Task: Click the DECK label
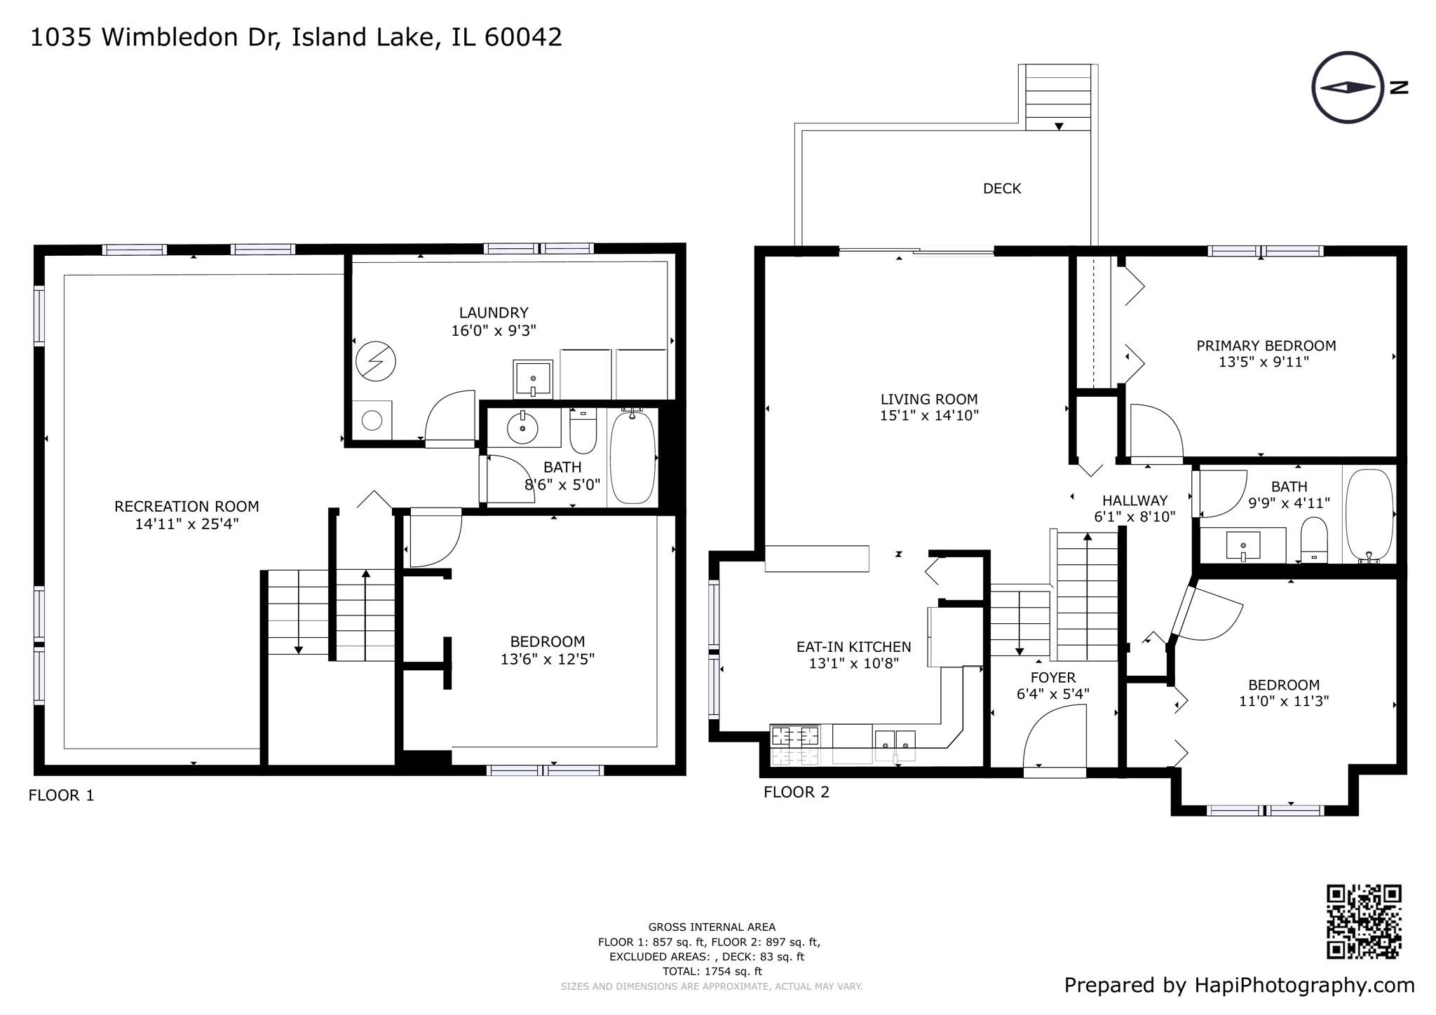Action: [x=1001, y=189]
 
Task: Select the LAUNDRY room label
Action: [x=494, y=313]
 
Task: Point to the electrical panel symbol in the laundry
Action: [x=375, y=362]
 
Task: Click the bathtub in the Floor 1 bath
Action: [x=632, y=458]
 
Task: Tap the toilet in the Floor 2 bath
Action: [x=1313, y=539]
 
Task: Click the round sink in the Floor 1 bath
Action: [x=522, y=427]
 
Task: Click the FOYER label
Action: [x=1052, y=678]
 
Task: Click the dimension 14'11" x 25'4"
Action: [x=187, y=524]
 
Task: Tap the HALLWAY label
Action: [x=1134, y=500]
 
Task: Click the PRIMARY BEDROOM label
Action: [x=1266, y=346]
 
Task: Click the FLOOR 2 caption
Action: [x=796, y=792]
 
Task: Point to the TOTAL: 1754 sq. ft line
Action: [x=712, y=972]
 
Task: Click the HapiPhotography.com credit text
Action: [x=1304, y=985]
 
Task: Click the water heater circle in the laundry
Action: [x=372, y=421]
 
